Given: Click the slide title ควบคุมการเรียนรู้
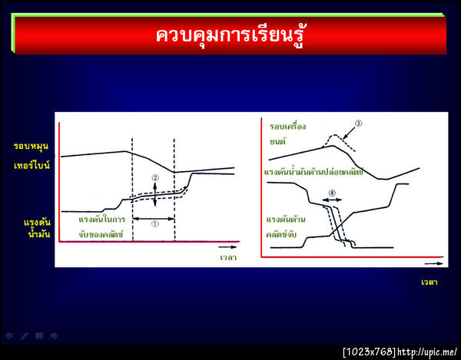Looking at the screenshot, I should [230, 35].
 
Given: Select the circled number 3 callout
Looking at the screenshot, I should [357, 123].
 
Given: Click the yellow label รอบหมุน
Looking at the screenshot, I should [32, 145].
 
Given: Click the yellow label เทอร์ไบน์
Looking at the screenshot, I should [32, 164].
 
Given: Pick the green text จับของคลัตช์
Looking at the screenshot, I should [101, 233].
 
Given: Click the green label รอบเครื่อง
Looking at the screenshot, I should [287, 126].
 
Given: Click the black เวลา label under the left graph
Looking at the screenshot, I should [226, 256].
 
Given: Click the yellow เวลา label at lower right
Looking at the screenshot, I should [429, 282].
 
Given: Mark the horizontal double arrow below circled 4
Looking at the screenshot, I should [332, 200].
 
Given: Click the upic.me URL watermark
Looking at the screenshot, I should [428, 352].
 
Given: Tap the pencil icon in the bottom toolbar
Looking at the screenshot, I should [25, 335].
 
